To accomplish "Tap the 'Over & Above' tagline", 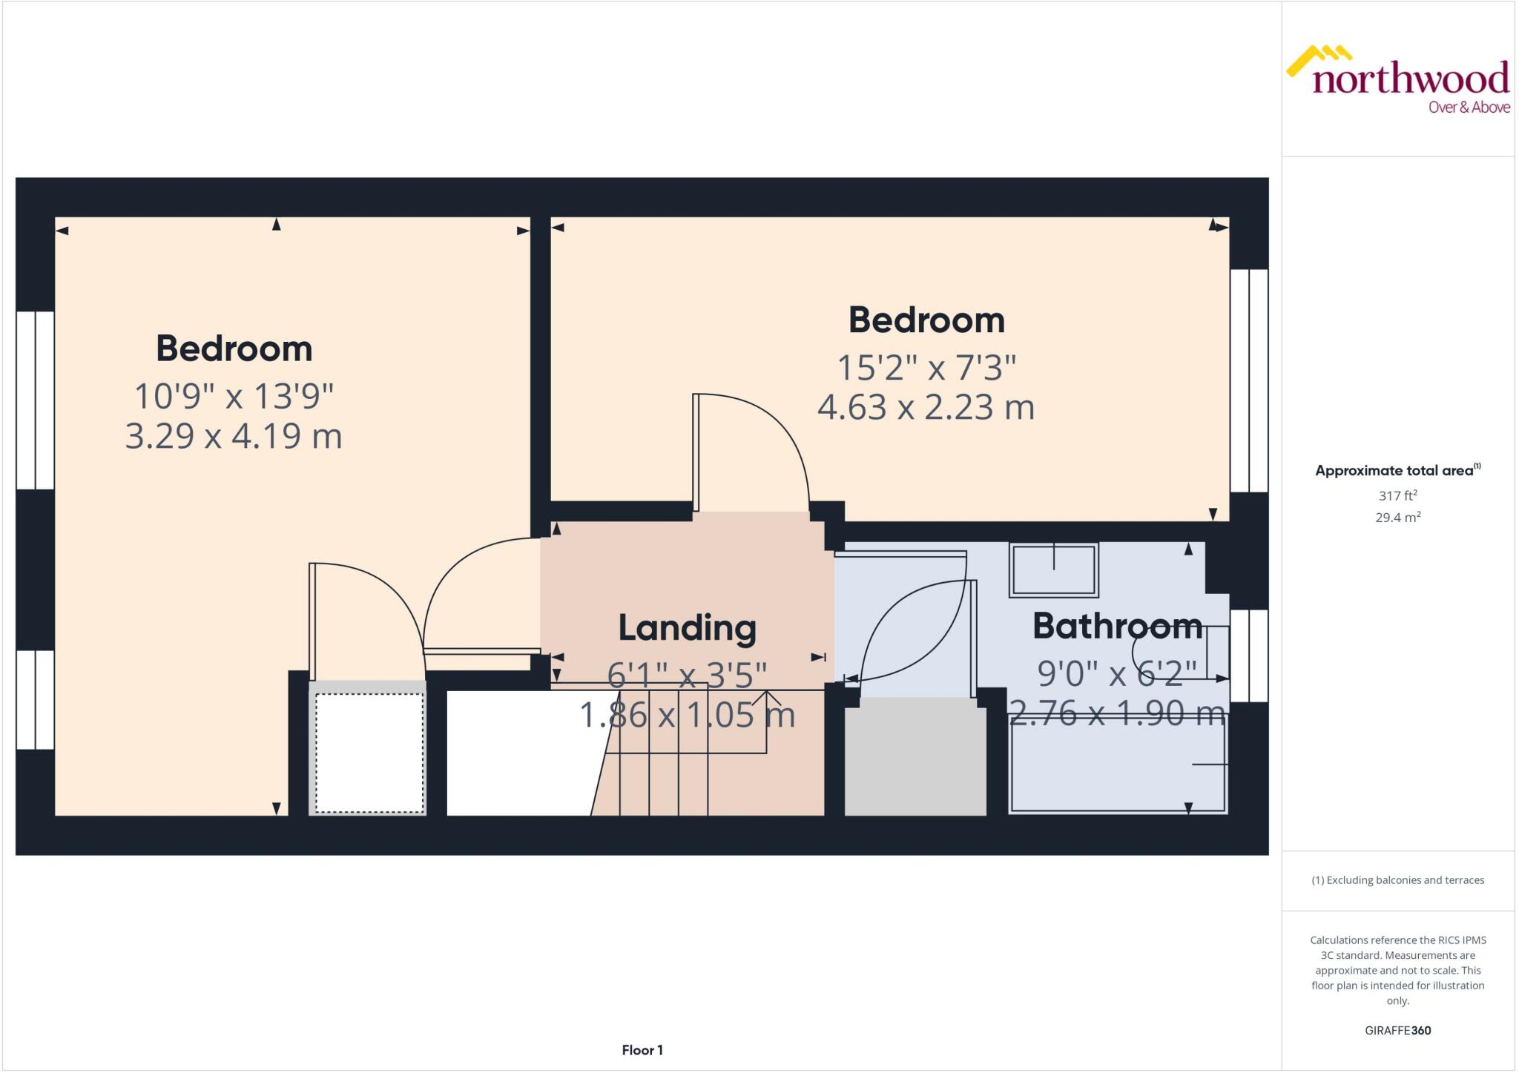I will [1469, 108].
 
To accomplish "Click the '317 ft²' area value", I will [1397, 495].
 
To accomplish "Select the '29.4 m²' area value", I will [1397, 518].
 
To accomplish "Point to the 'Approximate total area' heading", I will [1394, 470].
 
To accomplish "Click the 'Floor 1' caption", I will [642, 1050].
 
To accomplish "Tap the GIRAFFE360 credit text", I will [1397, 1030].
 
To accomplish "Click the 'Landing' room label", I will [687, 628].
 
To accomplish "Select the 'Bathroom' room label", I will [1117, 626].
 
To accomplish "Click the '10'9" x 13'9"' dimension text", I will [234, 396].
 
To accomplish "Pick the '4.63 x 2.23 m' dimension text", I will [926, 407].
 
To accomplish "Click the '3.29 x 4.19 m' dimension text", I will [234, 436].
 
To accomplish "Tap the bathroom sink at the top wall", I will [1053, 569].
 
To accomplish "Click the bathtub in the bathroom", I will [1117, 764].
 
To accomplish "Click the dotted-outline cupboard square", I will [369, 753].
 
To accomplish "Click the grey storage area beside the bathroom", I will [915, 756].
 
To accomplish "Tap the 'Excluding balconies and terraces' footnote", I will [1397, 880].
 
